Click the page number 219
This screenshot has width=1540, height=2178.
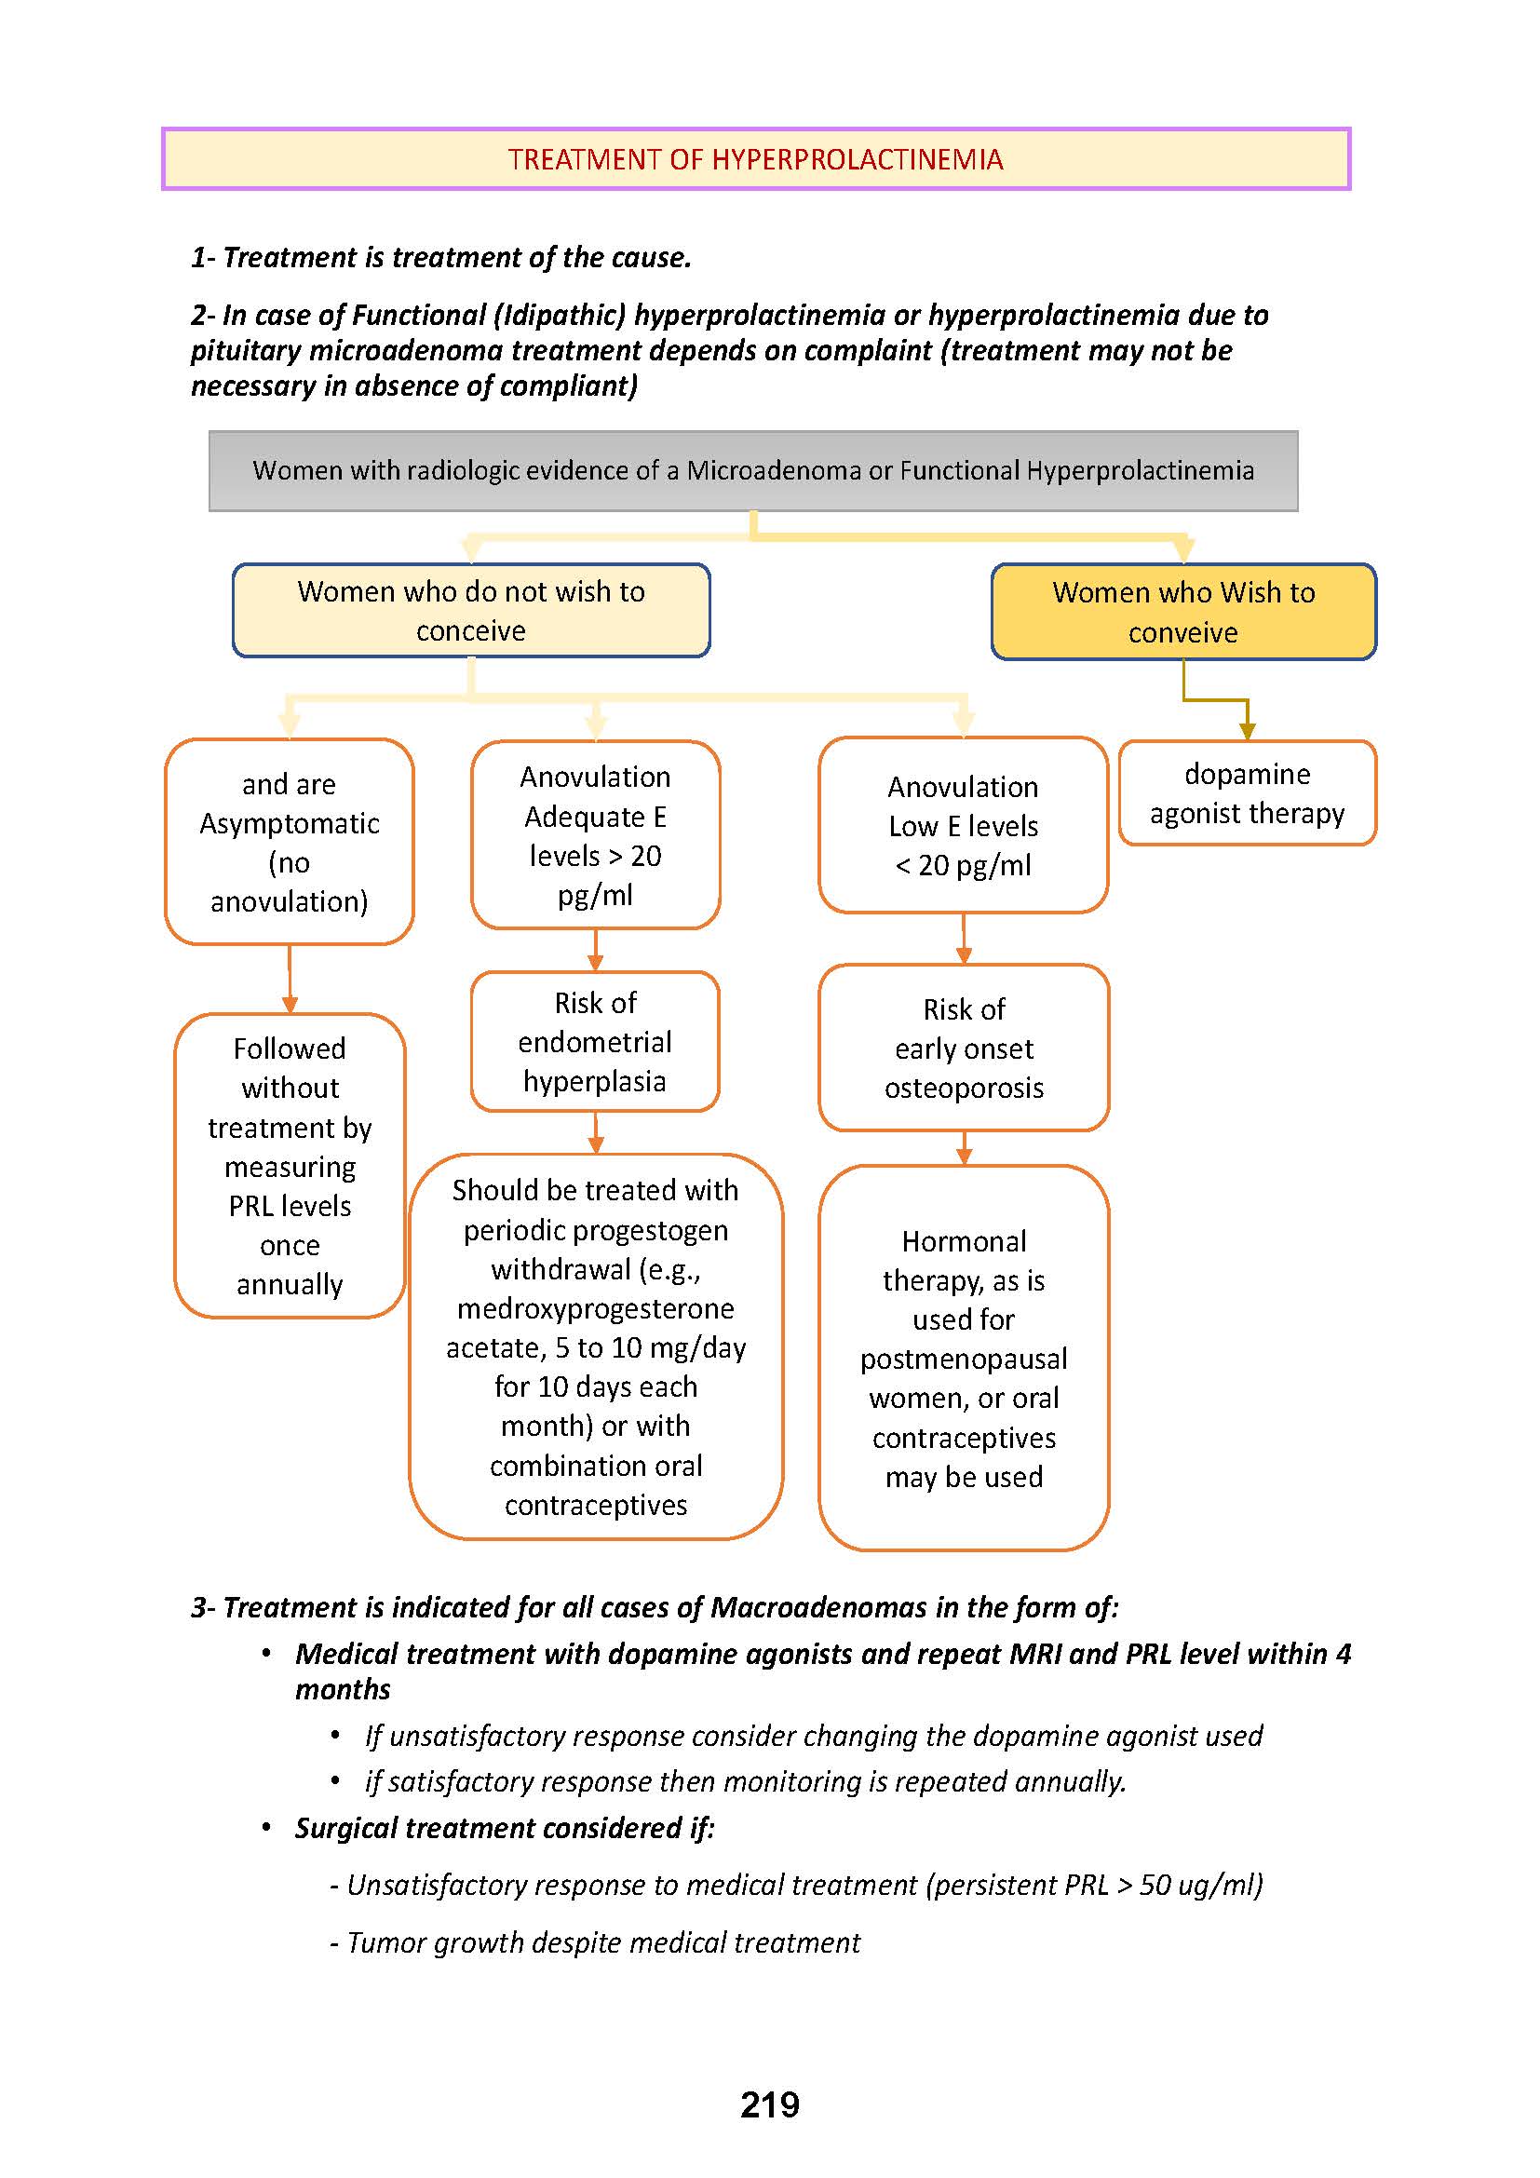tap(769, 2104)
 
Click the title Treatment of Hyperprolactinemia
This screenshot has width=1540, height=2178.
tap(755, 159)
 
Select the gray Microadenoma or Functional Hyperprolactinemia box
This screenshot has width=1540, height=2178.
tap(753, 471)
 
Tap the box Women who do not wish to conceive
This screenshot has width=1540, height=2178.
tap(471, 611)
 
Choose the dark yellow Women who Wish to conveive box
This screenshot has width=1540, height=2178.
tap(1182, 612)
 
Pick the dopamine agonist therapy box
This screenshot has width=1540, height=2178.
tap(1247, 793)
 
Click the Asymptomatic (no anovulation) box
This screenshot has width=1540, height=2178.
tap(290, 843)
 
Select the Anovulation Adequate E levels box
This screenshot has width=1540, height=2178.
tap(596, 834)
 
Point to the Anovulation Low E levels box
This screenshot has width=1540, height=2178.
tap(963, 825)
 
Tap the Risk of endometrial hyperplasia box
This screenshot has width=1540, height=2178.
tap(596, 1042)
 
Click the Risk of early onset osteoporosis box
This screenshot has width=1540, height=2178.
tap(964, 1048)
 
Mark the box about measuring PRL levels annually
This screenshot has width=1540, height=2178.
tap(290, 1166)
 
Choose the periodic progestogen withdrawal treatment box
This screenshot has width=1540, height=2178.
tap(596, 1346)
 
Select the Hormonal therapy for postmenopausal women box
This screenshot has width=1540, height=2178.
tap(964, 1359)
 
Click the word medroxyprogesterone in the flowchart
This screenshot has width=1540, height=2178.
tap(596, 1308)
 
